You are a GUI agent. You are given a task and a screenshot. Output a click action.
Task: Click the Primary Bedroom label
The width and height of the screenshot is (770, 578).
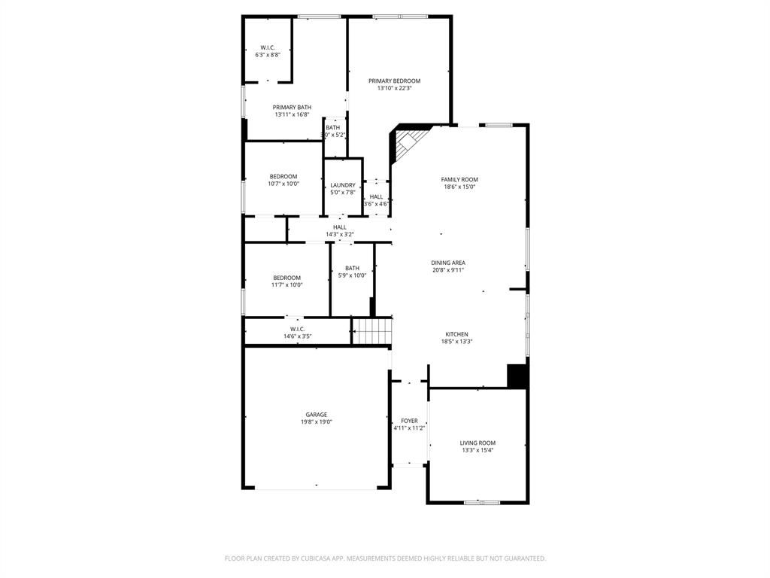click(394, 81)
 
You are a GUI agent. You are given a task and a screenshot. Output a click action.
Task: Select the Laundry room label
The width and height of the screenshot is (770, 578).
click(343, 185)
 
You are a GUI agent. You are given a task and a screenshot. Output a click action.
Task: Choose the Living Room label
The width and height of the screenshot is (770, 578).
click(477, 443)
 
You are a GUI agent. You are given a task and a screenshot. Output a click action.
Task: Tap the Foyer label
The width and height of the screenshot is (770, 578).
click(409, 421)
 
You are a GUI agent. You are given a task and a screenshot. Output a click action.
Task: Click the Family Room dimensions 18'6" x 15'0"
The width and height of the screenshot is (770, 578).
click(459, 187)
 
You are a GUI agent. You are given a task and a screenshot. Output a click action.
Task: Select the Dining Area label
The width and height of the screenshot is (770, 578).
click(448, 263)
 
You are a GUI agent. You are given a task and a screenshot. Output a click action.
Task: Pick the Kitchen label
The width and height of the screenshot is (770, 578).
click(456, 334)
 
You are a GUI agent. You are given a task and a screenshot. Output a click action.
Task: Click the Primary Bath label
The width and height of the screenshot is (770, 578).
click(292, 107)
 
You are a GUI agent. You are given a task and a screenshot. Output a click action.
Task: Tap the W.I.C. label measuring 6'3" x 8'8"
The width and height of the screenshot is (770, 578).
click(268, 47)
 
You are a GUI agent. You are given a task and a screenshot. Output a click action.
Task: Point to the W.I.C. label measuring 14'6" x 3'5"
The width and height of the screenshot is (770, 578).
click(297, 329)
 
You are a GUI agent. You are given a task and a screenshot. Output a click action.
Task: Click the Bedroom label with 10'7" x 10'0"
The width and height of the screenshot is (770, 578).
click(283, 176)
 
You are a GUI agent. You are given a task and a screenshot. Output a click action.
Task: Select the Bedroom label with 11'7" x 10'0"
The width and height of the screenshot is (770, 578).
click(286, 278)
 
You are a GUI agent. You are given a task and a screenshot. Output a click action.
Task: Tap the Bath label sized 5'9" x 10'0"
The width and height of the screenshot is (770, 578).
click(352, 268)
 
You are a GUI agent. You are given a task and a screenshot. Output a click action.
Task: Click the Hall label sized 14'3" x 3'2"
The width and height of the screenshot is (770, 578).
click(340, 227)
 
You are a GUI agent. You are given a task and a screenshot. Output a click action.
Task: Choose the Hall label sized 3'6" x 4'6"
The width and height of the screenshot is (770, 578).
click(376, 196)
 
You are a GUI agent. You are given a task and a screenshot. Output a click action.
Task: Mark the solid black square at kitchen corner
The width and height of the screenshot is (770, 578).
click(517, 376)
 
